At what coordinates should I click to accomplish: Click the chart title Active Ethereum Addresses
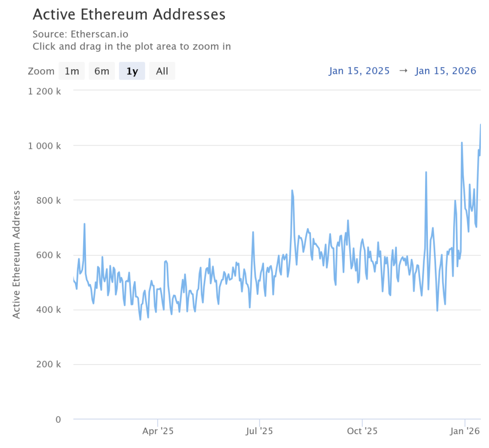[x=129, y=14]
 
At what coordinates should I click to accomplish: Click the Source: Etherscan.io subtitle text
[x=81, y=34]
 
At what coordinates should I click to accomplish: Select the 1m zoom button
[x=72, y=71]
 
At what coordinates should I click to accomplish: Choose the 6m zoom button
[x=102, y=71]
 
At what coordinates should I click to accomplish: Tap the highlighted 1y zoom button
[x=132, y=71]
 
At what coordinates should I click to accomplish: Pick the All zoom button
[x=162, y=71]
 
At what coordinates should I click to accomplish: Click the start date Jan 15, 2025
[x=359, y=71]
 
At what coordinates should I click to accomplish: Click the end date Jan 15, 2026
[x=446, y=71]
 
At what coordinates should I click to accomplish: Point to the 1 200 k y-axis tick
[x=45, y=91]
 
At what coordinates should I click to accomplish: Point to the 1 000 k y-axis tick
[x=45, y=146]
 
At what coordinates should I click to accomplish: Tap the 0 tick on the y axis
[x=58, y=419]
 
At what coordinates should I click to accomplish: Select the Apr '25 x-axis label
[x=158, y=431]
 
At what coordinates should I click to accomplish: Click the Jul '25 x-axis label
[x=259, y=431]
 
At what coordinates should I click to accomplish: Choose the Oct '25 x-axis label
[x=362, y=431]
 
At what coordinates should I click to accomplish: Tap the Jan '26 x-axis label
[x=465, y=431]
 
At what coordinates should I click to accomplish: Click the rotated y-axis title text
[x=17, y=254]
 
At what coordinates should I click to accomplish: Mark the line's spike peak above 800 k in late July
[x=292, y=190]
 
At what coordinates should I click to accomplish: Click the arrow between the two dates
[x=403, y=71]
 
